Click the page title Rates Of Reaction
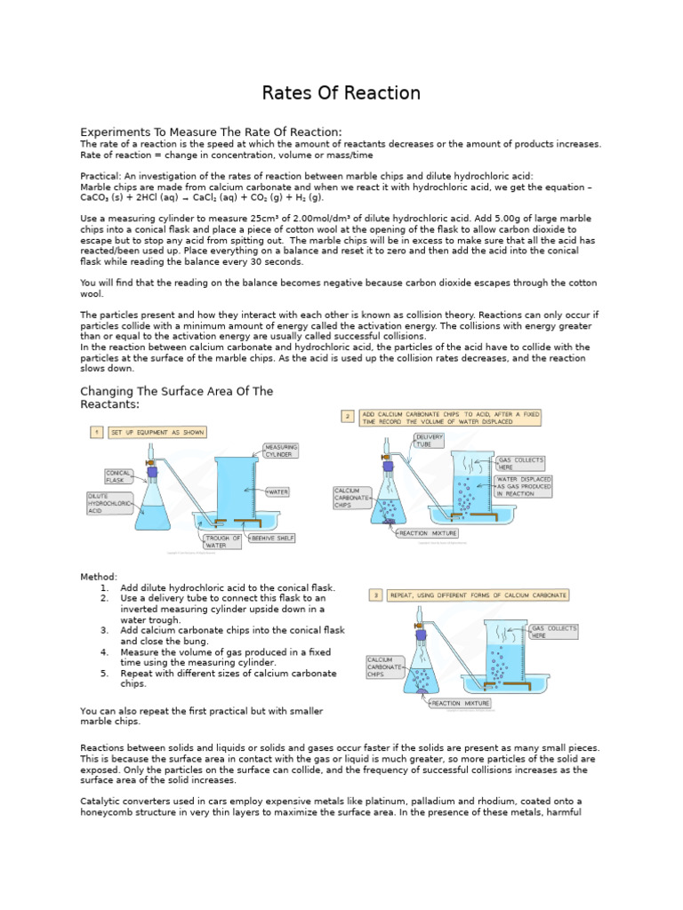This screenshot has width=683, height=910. (x=341, y=93)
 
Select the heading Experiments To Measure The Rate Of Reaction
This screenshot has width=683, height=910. (x=211, y=132)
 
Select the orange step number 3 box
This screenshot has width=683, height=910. (x=376, y=595)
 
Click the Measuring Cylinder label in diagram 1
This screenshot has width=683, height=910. (x=281, y=451)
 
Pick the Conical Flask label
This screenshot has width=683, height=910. (x=119, y=476)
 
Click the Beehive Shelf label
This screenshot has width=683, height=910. (x=273, y=538)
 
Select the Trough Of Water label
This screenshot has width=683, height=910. (x=222, y=541)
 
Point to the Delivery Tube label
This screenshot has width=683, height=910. (x=429, y=440)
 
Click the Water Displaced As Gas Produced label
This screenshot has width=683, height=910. (x=523, y=486)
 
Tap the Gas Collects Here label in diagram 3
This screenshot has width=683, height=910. (x=553, y=632)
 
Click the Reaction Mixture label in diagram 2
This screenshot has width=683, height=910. (x=427, y=533)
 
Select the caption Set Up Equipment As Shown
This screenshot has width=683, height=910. (x=157, y=432)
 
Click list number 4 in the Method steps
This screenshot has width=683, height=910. (x=104, y=651)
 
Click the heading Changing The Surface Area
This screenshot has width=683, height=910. (x=176, y=397)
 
